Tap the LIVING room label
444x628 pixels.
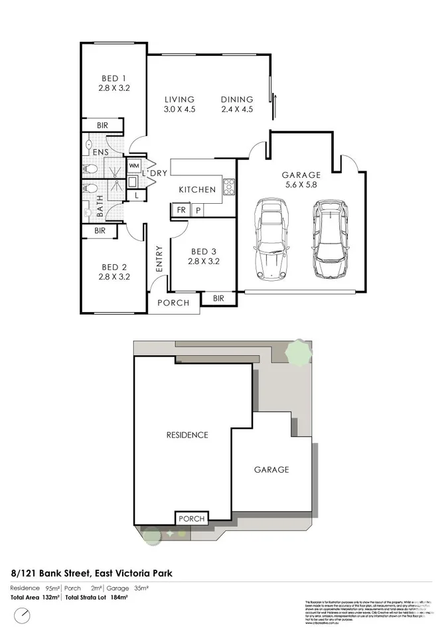pyautogui.click(x=179, y=100)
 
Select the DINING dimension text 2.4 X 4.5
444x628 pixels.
pyautogui.click(x=237, y=110)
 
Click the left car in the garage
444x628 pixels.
pyautogui.click(x=271, y=238)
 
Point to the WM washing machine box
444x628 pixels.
pyautogui.click(x=133, y=165)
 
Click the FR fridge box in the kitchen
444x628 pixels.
pyautogui.click(x=180, y=210)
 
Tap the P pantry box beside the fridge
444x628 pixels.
pyautogui.click(x=198, y=210)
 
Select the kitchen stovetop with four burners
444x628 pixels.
pyautogui.click(x=229, y=186)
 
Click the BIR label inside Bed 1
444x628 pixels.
pyautogui.click(x=102, y=125)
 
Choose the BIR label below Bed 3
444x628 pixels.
pyautogui.click(x=218, y=299)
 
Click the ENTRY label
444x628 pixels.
pyautogui.click(x=159, y=259)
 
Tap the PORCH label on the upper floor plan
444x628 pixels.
pyautogui.click(x=173, y=303)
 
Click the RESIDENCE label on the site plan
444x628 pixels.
pyautogui.click(x=186, y=435)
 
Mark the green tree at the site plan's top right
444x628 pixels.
pyautogui.click(x=299, y=352)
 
